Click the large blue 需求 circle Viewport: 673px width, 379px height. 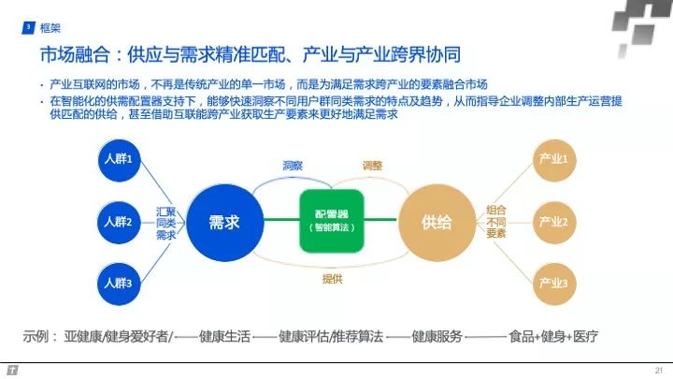coord(223,222)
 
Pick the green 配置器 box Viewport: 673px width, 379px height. coord(331,221)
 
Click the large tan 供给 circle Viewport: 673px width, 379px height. coord(436,222)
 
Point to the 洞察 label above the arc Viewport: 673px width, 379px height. coord(293,166)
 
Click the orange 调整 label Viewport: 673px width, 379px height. coord(372,166)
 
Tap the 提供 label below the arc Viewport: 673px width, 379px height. coord(332,278)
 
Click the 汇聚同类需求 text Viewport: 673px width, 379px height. coord(165,222)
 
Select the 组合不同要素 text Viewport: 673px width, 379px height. coord(495,222)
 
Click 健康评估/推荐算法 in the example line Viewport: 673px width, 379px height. coord(331,336)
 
